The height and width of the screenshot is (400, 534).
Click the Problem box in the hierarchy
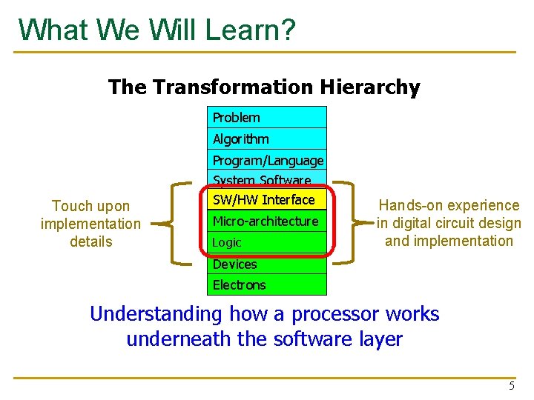(x=267, y=117)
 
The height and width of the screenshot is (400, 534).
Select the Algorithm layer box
(x=267, y=139)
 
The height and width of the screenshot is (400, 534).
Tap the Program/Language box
(x=267, y=160)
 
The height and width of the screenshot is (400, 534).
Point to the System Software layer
(x=267, y=179)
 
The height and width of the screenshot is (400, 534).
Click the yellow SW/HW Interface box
(x=267, y=200)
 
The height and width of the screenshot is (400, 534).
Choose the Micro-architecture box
(x=267, y=221)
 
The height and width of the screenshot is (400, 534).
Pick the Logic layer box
(x=267, y=242)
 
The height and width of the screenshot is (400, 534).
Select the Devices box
(x=267, y=264)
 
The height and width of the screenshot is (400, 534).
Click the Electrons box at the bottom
(x=267, y=284)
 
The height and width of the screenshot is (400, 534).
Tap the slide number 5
(x=511, y=386)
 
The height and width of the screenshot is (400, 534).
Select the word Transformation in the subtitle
(x=232, y=87)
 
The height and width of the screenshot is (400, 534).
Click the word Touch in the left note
(x=70, y=206)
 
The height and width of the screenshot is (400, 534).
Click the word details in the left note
(x=90, y=241)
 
